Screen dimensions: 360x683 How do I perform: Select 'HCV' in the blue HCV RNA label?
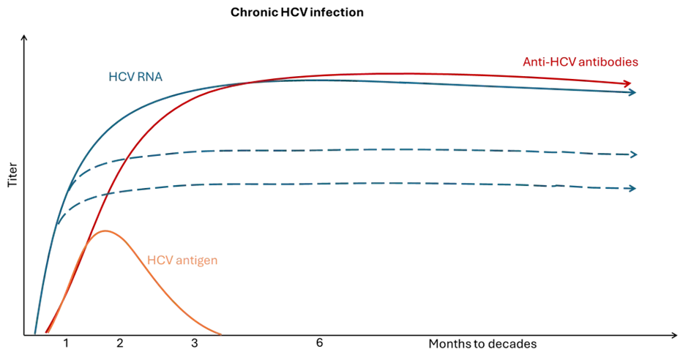pyautogui.click(x=121, y=76)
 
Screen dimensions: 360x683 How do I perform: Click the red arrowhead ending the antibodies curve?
pyautogui.click(x=629, y=85)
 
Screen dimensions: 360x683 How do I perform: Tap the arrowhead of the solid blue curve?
pyautogui.click(x=632, y=94)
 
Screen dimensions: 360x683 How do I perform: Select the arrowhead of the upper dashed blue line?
pyautogui.click(x=632, y=153)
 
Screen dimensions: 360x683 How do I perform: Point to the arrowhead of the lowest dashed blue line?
pyautogui.click(x=632, y=188)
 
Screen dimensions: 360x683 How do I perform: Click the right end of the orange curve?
pyautogui.click(x=220, y=334)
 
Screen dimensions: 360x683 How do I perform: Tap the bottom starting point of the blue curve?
pyautogui.click(x=35, y=333)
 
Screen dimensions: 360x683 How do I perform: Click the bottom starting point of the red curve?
pyautogui.click(x=47, y=333)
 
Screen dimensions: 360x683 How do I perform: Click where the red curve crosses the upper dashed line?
pyautogui.click(x=125, y=157)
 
